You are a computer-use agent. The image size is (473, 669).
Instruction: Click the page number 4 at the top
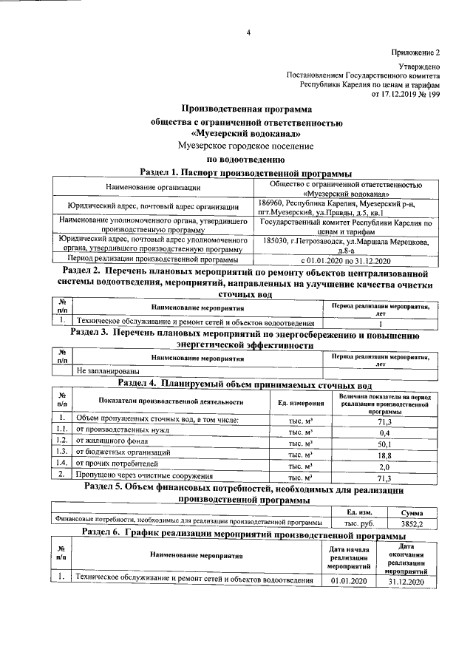click(x=248, y=32)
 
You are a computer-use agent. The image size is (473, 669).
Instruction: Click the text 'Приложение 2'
click(x=415, y=53)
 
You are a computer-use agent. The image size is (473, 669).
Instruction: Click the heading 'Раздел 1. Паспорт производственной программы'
click(x=245, y=172)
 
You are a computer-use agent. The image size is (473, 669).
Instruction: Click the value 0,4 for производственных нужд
click(x=384, y=432)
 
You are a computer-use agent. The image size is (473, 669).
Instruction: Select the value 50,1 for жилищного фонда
click(x=384, y=444)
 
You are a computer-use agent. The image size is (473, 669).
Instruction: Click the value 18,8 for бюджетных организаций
click(x=384, y=456)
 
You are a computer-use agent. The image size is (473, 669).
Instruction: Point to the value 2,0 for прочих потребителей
click(x=384, y=468)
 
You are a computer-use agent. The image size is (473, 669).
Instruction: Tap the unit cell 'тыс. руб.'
click(x=349, y=522)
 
